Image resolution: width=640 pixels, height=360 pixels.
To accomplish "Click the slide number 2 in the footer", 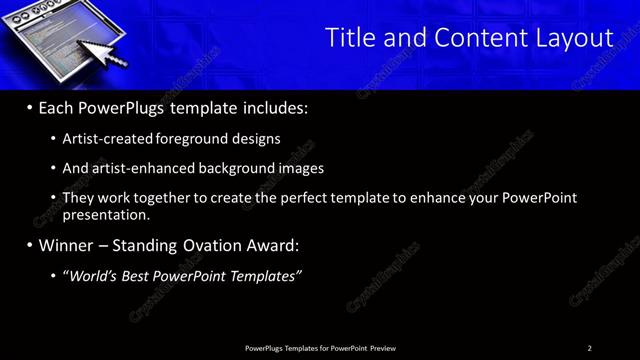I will coord(589,348).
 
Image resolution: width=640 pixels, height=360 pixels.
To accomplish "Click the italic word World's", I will coord(93,275).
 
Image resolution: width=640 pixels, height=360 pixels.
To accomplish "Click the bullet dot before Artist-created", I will coord(53,139).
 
